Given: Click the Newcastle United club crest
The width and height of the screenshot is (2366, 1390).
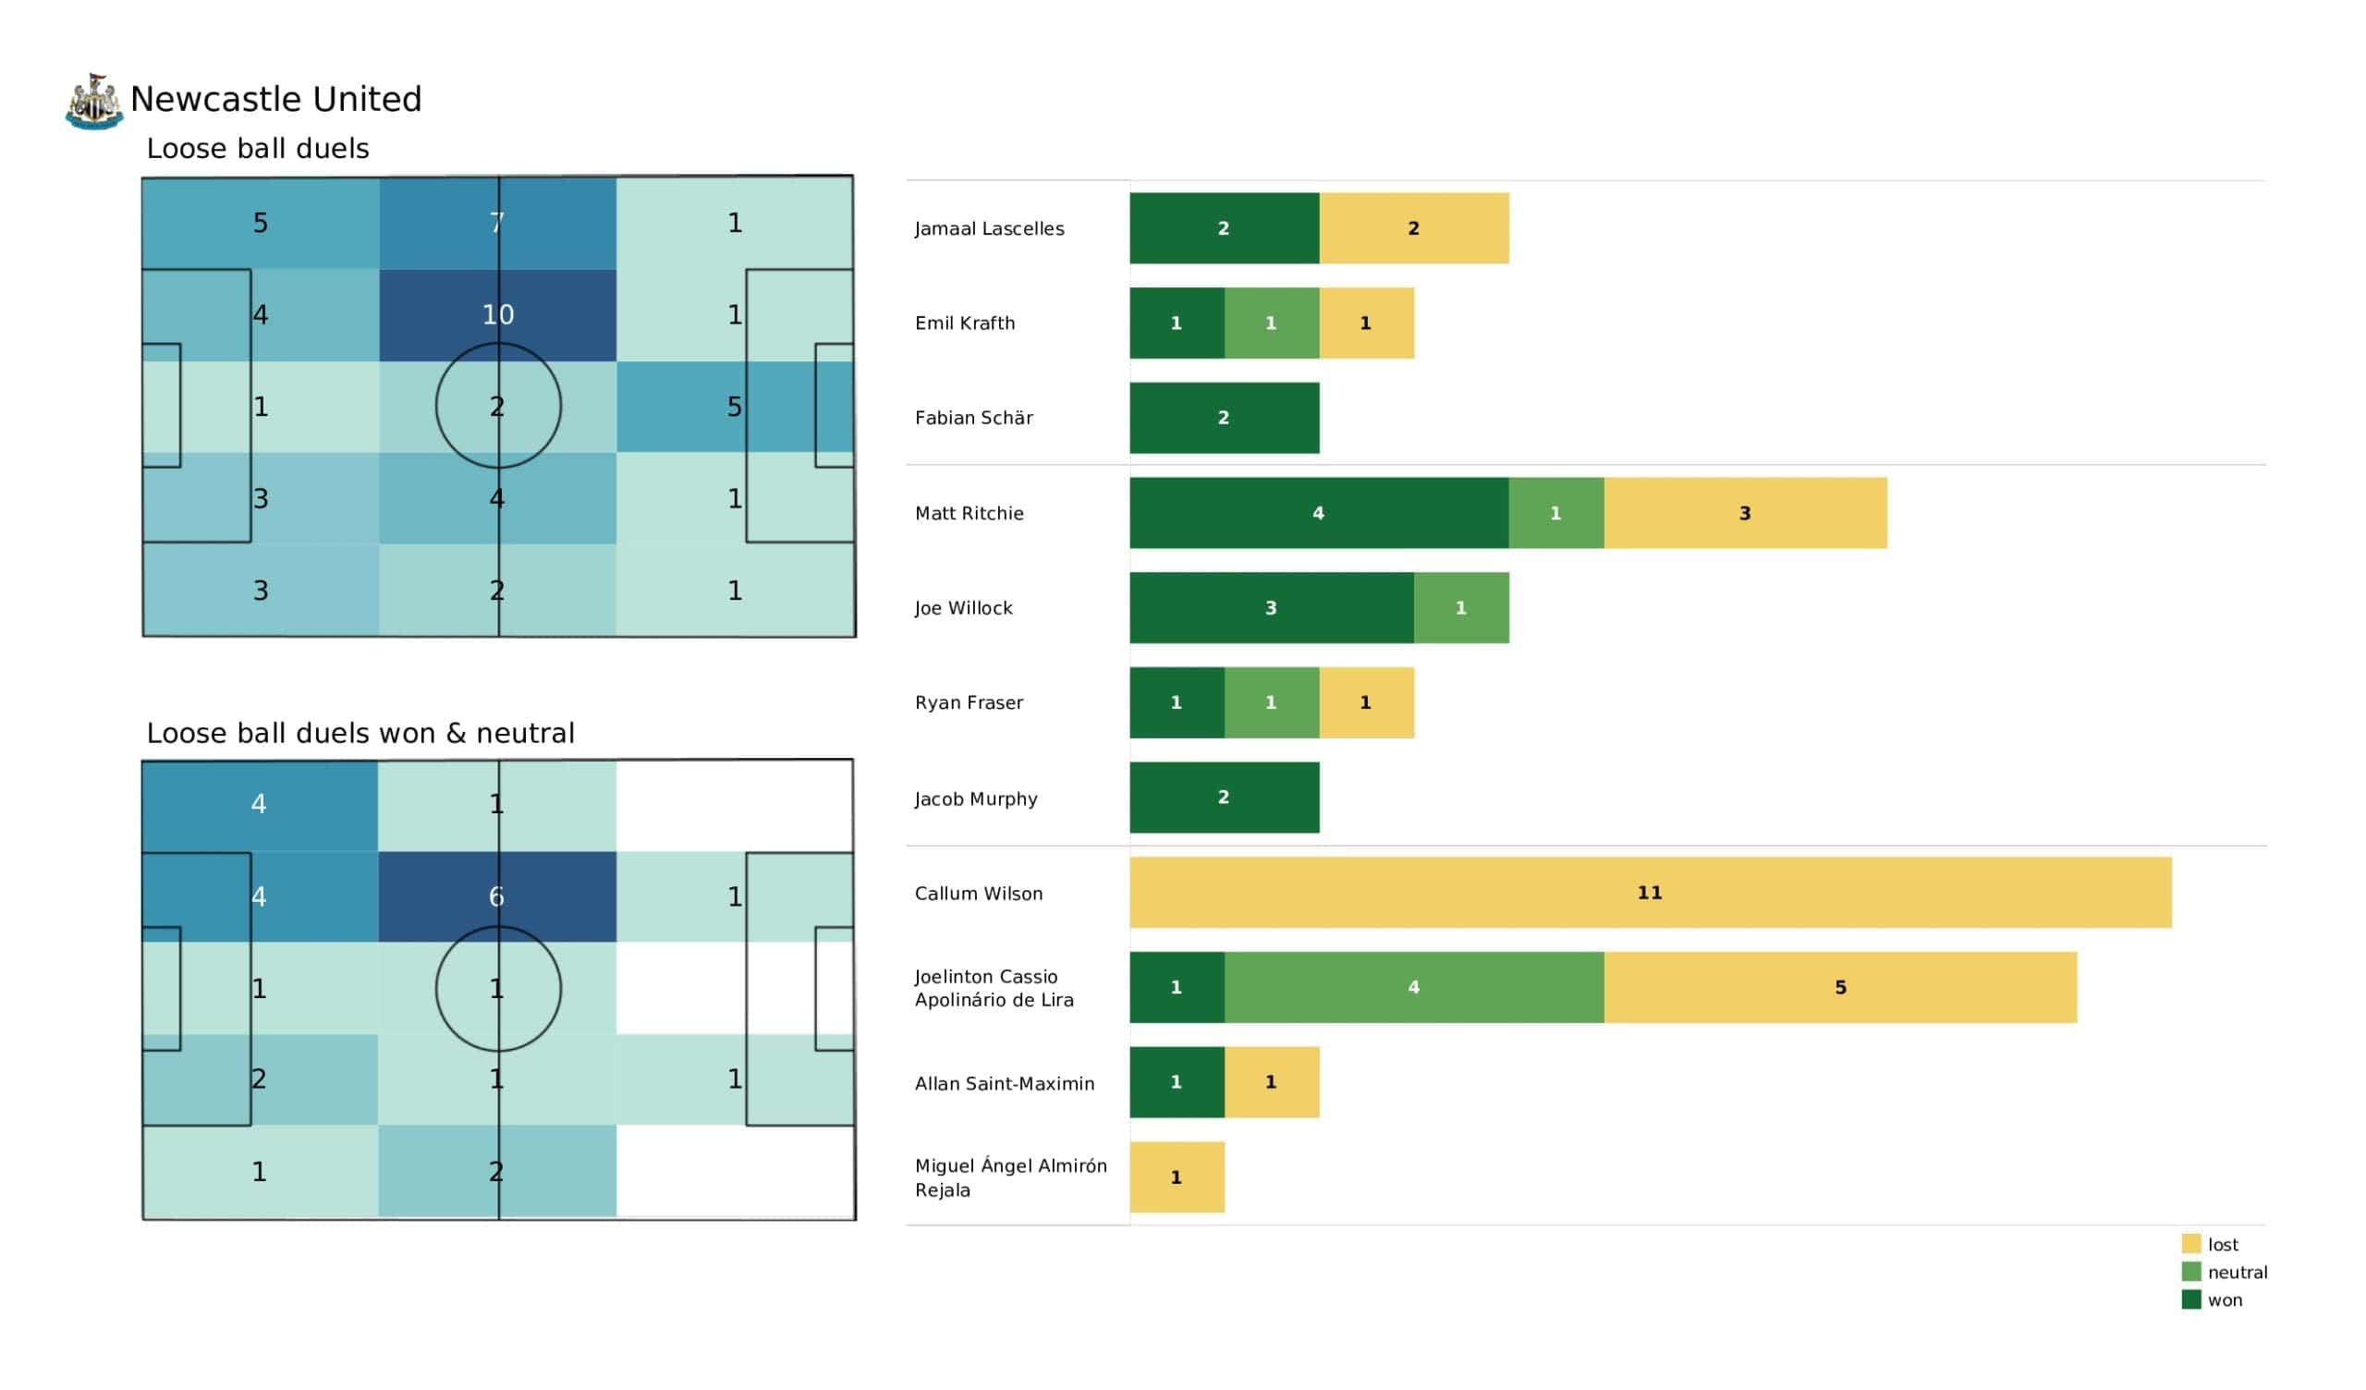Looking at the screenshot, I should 94,102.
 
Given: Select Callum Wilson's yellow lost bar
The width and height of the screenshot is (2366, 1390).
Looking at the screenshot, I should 1650,892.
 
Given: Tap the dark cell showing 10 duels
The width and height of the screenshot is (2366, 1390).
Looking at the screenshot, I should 497,314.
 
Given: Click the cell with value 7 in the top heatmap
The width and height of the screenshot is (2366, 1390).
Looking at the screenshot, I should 497,224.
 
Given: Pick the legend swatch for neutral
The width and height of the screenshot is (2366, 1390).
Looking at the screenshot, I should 2191,1272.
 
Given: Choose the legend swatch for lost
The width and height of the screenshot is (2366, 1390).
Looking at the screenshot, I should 2191,1243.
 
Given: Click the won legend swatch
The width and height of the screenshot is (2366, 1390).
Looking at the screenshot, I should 2191,1299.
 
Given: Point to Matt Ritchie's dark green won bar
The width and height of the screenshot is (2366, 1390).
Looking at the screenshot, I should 1318,513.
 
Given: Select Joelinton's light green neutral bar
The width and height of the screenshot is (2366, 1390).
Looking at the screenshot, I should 1413,987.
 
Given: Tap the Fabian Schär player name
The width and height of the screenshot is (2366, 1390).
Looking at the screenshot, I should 973,418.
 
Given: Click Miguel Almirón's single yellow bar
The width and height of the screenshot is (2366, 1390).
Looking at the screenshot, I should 1177,1177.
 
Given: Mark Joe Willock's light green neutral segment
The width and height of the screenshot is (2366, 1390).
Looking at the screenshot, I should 1461,607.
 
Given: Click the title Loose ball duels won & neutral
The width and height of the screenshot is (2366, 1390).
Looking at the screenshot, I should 360,734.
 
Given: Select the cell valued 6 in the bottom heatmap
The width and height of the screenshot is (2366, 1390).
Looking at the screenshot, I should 496,896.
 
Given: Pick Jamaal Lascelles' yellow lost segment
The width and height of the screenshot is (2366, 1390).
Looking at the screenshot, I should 1413,228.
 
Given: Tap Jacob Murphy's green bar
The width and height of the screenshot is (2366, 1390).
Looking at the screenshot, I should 1224,798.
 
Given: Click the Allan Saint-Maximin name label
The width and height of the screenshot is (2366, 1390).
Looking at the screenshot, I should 1005,1084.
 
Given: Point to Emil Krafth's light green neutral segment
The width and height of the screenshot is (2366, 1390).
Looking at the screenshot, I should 1271,323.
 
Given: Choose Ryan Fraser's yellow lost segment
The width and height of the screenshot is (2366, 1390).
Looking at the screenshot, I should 1366,702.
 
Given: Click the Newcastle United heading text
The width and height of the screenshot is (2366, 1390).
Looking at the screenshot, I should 276,100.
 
